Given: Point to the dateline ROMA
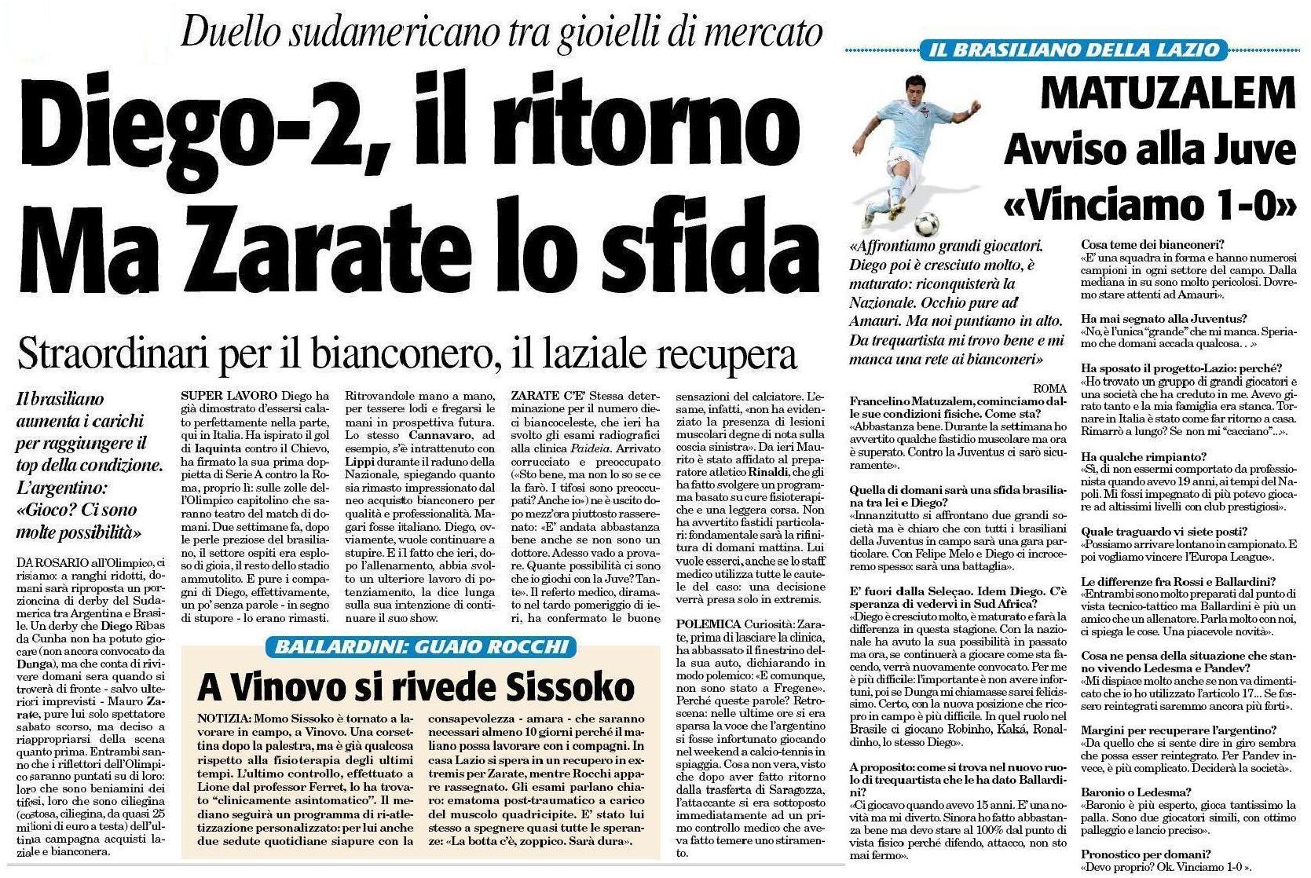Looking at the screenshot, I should tap(1049, 388).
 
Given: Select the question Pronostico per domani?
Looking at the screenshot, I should tap(1145, 854).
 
